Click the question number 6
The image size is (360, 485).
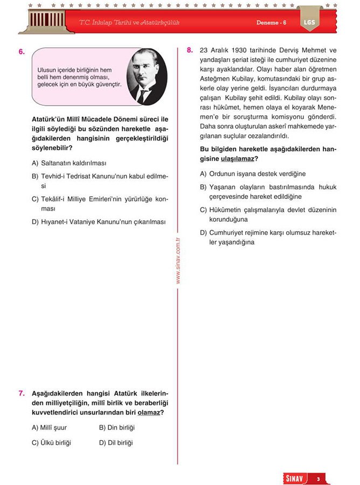click(x=21, y=52)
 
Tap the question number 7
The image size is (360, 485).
click(x=21, y=393)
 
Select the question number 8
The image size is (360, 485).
click(x=190, y=50)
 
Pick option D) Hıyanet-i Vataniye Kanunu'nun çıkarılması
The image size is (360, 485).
click(x=99, y=221)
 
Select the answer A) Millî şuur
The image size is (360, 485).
click(x=50, y=427)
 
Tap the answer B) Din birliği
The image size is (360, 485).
click(x=117, y=427)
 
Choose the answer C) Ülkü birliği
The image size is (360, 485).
click(x=52, y=443)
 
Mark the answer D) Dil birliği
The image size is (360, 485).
click(x=116, y=443)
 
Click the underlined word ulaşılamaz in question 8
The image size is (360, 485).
click(x=237, y=159)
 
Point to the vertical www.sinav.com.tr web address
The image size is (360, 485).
click(x=178, y=261)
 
